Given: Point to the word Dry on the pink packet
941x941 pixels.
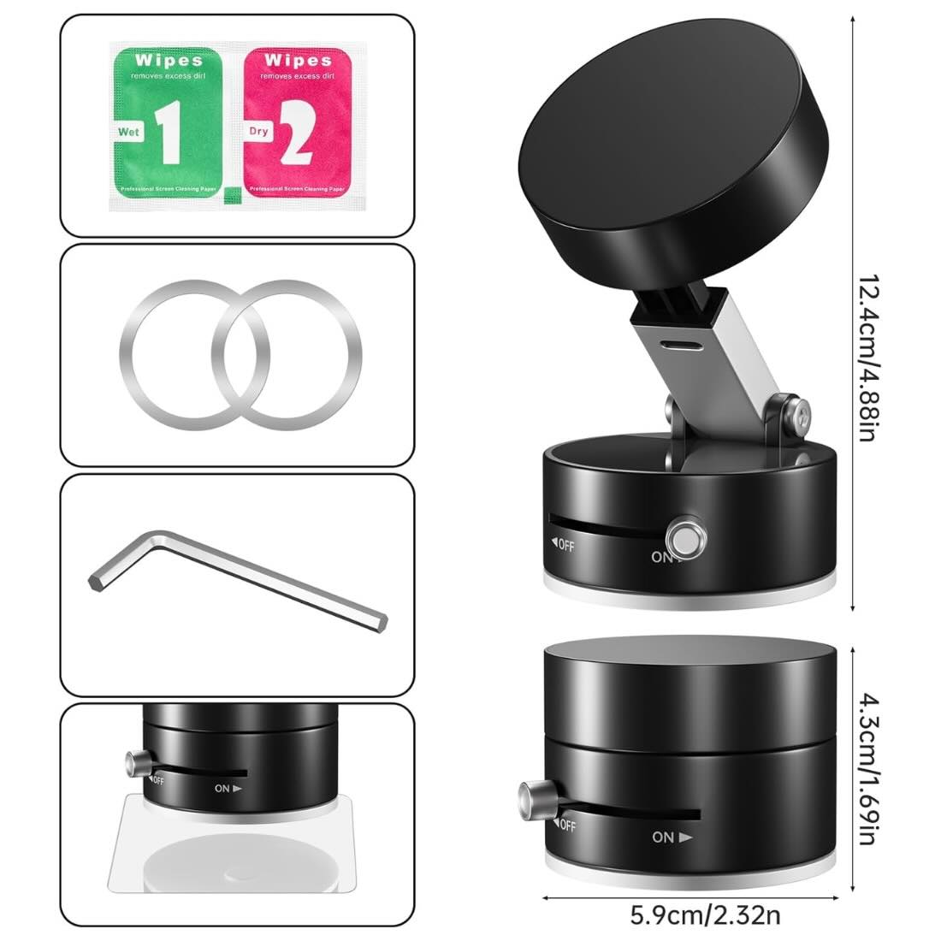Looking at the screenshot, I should [x=259, y=133].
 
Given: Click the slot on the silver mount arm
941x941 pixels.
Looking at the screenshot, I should [x=681, y=346].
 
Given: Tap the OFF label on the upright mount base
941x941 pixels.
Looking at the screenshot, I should [x=564, y=544].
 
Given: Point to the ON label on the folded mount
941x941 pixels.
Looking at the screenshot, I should [x=672, y=837].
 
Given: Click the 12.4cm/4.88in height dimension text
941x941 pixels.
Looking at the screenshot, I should [x=867, y=358].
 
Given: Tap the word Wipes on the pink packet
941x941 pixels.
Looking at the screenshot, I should [x=298, y=60].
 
